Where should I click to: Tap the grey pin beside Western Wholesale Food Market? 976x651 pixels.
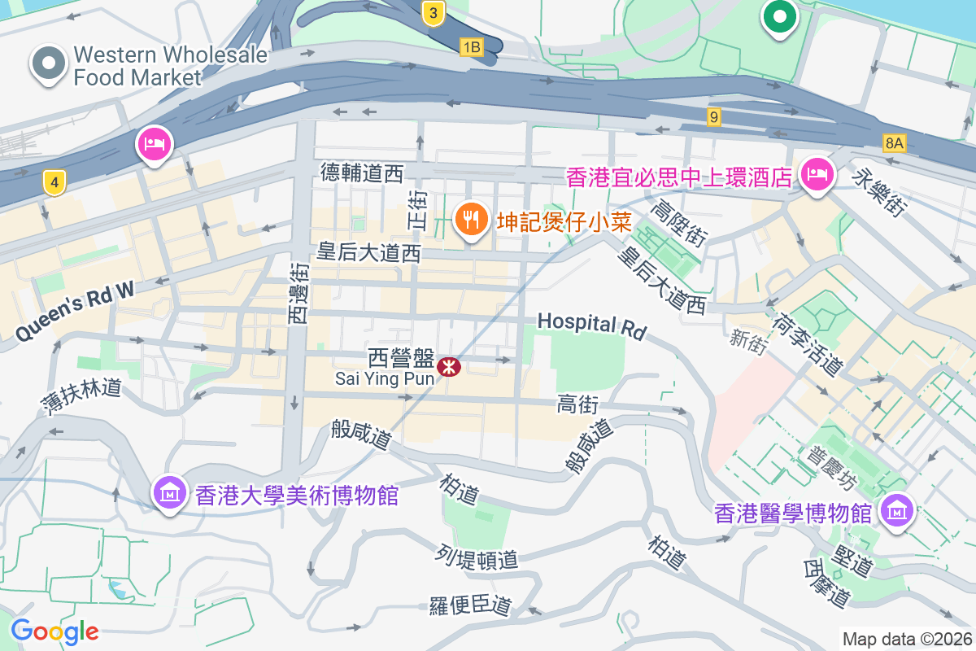[49, 63]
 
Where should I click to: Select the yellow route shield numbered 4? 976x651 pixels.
[54, 183]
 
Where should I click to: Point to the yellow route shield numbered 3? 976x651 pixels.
[434, 12]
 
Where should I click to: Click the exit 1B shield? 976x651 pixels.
[471, 47]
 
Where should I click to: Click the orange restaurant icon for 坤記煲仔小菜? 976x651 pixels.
[470, 218]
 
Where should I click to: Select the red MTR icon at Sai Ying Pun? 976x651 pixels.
[448, 367]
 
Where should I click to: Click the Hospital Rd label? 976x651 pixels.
[592, 325]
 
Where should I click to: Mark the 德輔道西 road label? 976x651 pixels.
[362, 173]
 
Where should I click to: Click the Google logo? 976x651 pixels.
[54, 631]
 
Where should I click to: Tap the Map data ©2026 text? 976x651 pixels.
[907, 640]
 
